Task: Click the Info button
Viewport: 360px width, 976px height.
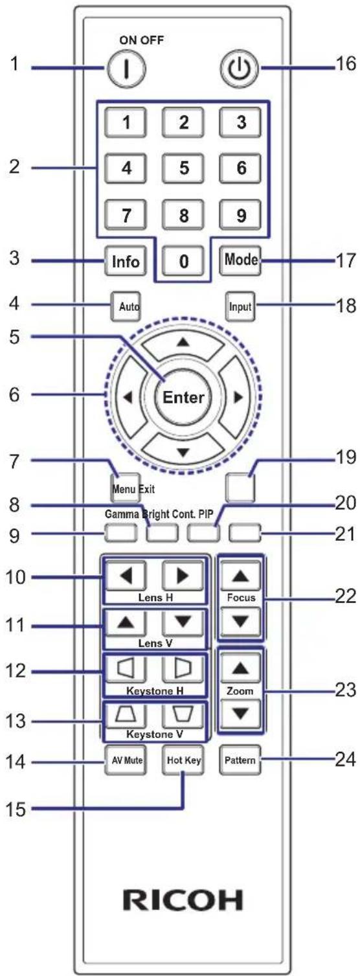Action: (126, 261)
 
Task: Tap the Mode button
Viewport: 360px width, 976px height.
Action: (240, 260)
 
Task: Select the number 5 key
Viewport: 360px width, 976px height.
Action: (183, 168)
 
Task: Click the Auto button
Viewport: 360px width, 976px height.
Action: (126, 306)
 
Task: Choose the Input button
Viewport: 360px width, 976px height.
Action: (240, 306)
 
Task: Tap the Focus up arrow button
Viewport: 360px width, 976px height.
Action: (241, 576)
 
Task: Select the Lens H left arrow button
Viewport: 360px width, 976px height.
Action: (126, 576)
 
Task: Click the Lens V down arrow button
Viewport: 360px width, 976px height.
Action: (183, 622)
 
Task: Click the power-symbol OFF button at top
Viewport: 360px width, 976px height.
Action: (240, 69)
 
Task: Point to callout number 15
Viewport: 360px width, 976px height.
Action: (16, 809)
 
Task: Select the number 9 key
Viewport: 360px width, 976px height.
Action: (241, 214)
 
